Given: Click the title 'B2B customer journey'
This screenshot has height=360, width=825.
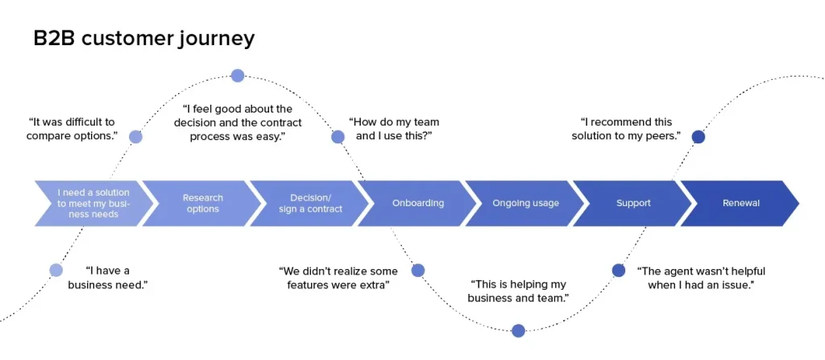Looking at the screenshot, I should tap(143, 38).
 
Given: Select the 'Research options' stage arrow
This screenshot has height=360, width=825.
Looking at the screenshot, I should tap(202, 203).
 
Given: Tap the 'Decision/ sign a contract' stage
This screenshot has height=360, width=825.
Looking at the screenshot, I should tap(309, 203).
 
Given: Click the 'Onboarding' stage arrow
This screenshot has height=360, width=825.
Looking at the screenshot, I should tap(417, 203).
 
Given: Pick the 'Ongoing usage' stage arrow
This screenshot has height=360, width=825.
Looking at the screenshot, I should tap(525, 203).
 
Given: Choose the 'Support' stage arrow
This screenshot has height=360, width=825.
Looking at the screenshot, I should tap(632, 203).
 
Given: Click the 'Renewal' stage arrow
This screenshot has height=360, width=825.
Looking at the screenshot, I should tap(740, 203).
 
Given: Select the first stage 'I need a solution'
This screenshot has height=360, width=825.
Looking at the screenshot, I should tap(93, 203).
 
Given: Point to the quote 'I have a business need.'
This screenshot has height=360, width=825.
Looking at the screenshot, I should tap(107, 278).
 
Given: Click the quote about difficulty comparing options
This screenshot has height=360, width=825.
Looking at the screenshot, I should tap(72, 129).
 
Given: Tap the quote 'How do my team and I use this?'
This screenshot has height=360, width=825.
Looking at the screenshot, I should tap(394, 129).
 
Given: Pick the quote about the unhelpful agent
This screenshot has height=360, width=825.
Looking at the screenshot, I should tap(700, 278).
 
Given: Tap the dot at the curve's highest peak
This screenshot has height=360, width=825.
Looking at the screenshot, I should tap(238, 76).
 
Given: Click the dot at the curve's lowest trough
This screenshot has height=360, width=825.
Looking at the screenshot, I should tap(518, 330).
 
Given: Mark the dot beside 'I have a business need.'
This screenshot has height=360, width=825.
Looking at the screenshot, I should tap(56, 270).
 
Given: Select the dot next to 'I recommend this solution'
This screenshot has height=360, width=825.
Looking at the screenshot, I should tap(699, 137).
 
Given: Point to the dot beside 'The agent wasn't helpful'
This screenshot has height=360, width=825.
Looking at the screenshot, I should tap(619, 270).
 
